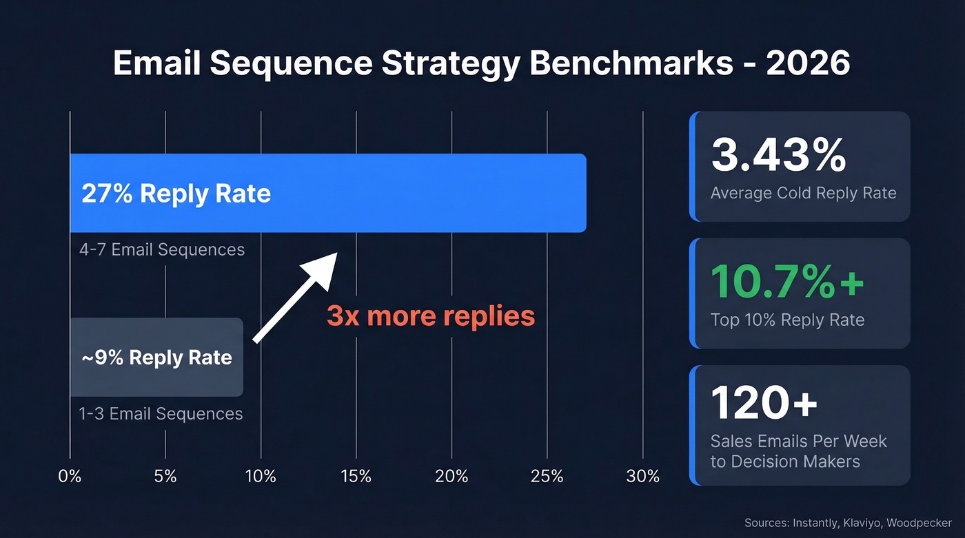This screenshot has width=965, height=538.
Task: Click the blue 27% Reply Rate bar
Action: [x=328, y=193]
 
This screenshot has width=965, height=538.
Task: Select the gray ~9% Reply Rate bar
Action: [x=156, y=357]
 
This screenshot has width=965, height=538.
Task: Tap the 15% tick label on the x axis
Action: [x=356, y=475]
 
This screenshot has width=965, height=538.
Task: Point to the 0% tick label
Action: [x=70, y=475]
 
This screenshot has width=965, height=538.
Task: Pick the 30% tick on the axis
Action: [x=642, y=475]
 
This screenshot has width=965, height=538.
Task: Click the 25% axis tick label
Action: [x=547, y=475]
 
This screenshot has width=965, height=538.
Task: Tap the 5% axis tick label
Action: [x=165, y=475]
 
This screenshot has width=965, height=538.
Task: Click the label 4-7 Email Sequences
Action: [x=162, y=249]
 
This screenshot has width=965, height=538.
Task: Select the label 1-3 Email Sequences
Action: [x=161, y=413]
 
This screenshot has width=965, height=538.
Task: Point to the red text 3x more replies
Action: [x=431, y=315]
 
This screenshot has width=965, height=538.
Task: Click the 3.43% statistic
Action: [x=778, y=156]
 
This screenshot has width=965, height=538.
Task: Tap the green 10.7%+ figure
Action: [x=786, y=281]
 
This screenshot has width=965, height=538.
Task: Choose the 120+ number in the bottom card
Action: [x=764, y=403]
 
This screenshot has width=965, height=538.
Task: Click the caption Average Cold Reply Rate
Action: [x=803, y=192]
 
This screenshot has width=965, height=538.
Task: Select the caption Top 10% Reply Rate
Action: [x=787, y=319]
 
